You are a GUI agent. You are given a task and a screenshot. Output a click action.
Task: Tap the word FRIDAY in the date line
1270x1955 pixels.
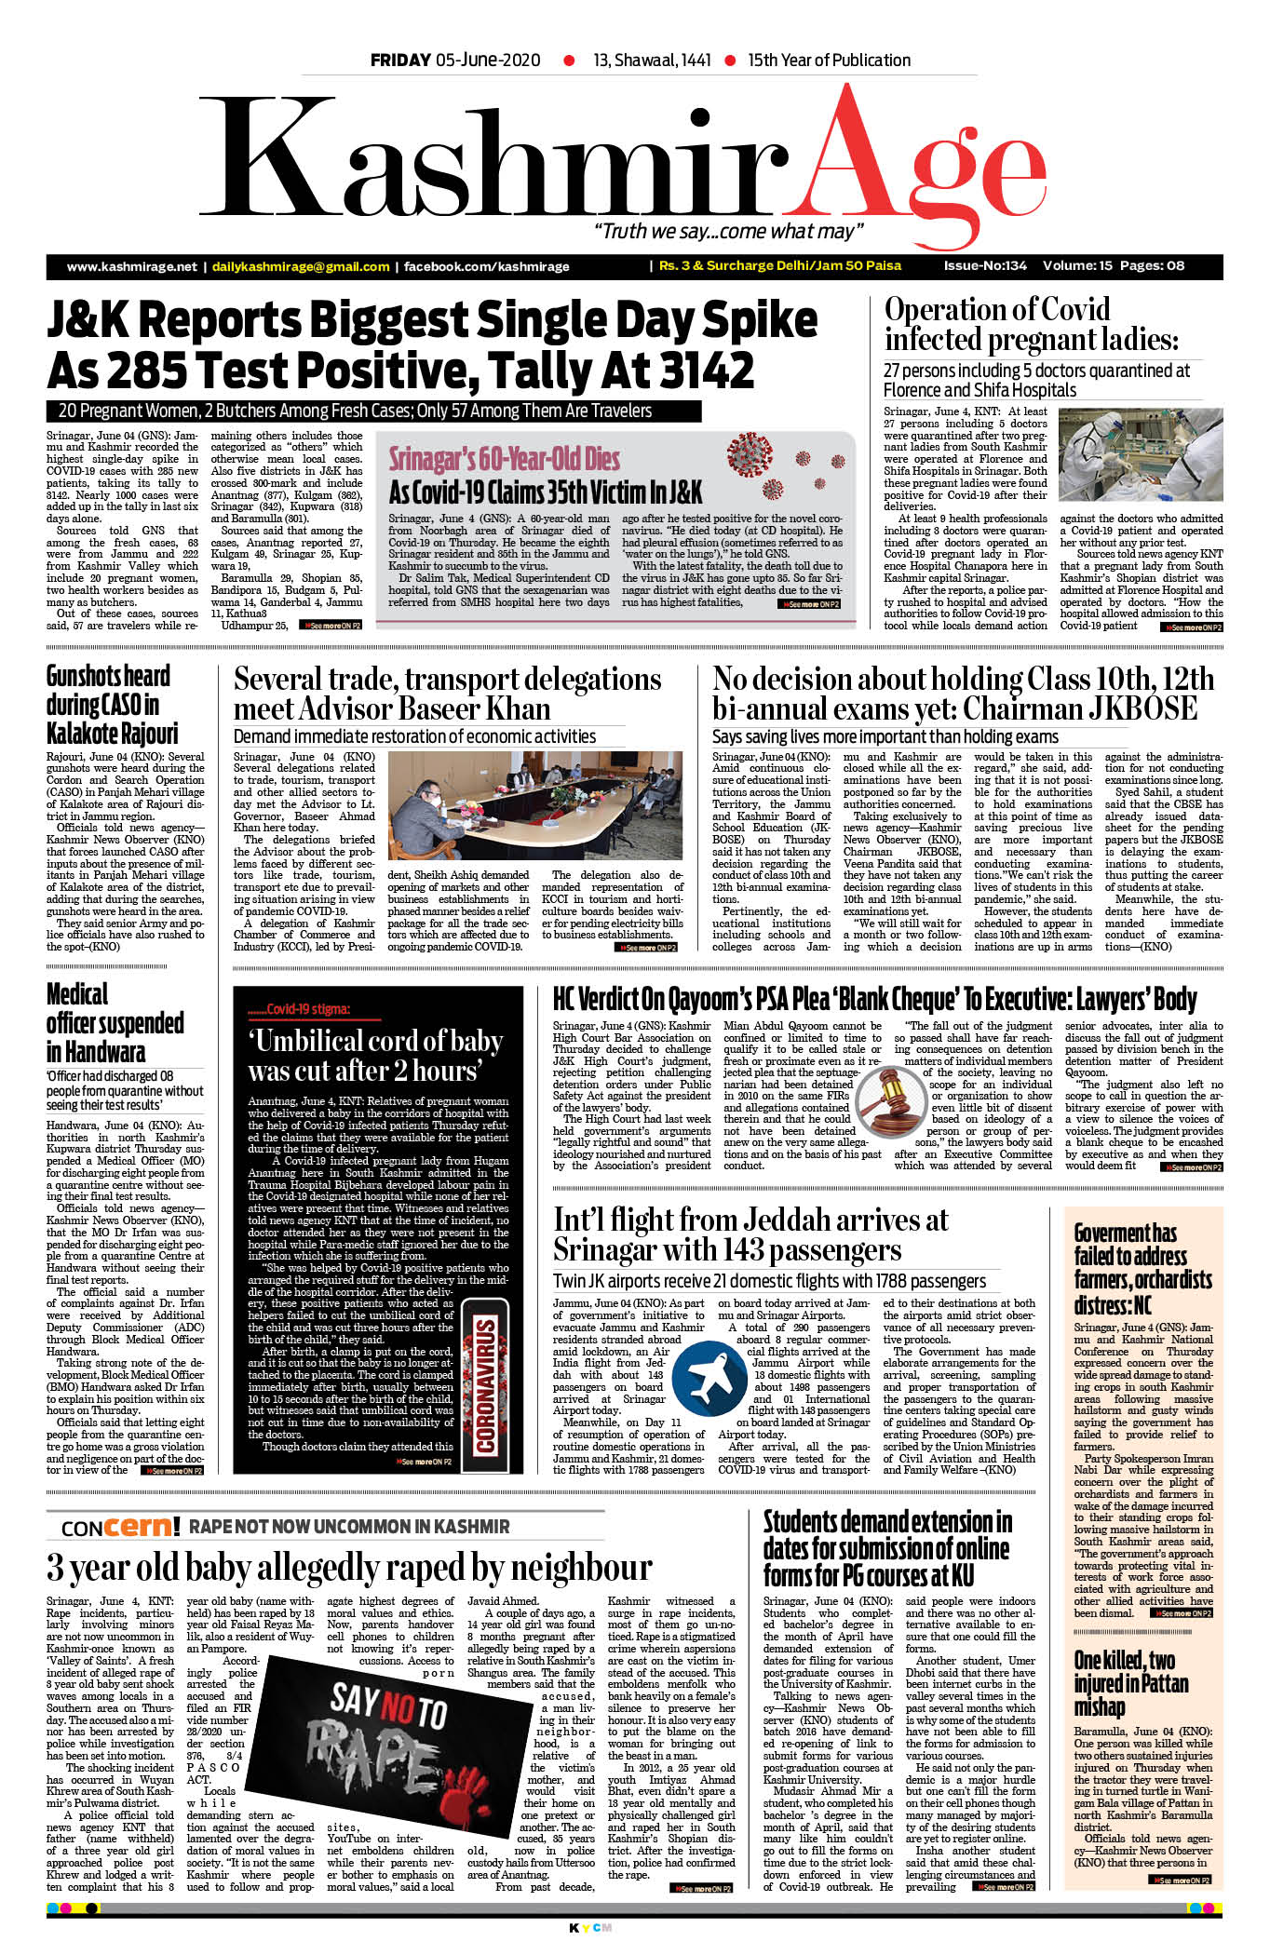400,61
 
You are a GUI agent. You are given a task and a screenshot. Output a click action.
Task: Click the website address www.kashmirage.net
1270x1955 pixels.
131,266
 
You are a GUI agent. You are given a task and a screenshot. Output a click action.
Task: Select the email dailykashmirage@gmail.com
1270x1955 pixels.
301,266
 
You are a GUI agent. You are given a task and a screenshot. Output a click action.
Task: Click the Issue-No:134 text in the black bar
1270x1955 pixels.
984,265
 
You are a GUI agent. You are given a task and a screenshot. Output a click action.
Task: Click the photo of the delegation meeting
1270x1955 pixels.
535,805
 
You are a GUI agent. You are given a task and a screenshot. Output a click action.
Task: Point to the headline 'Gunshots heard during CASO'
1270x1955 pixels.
112,704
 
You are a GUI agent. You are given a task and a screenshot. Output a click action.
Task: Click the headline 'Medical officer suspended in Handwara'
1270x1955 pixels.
115,1022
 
